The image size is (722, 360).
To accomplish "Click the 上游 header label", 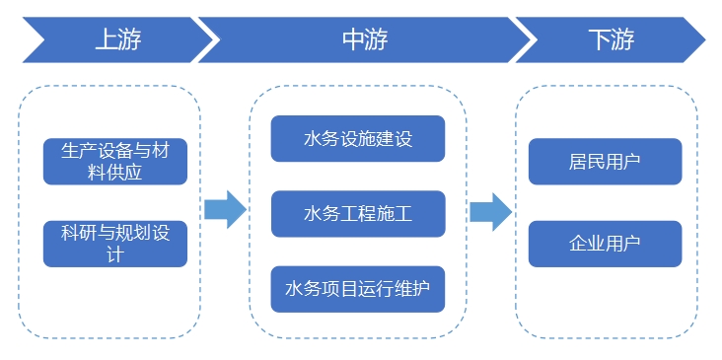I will (x=117, y=39).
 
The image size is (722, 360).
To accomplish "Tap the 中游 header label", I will (x=364, y=39).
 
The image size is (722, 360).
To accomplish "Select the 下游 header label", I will (x=611, y=39).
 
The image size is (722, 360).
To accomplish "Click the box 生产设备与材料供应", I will (x=115, y=162).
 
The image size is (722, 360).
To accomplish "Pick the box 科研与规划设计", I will (x=115, y=244).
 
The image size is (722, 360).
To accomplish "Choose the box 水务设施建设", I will (x=358, y=139).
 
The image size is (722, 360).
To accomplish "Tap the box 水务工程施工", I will (x=358, y=214).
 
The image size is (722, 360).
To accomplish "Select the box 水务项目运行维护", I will (x=358, y=289).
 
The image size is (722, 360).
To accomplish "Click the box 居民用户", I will (x=605, y=162).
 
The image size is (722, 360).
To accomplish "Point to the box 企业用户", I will (x=605, y=244).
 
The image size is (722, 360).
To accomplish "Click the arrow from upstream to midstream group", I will (x=225, y=208).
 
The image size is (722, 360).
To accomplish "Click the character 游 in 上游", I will (x=129, y=39).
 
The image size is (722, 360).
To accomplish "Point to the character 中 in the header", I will (x=352, y=39).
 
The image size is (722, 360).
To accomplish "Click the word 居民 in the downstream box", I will (x=587, y=162).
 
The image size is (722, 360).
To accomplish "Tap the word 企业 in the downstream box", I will (x=587, y=244).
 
